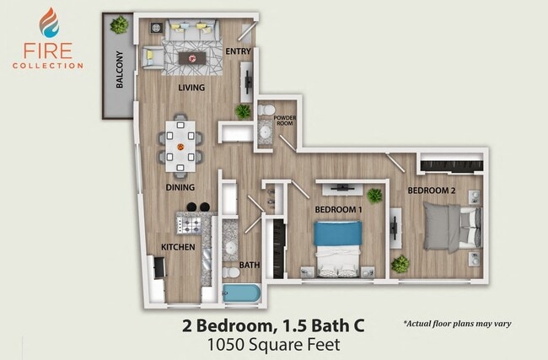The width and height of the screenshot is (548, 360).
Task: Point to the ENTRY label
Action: (239, 52)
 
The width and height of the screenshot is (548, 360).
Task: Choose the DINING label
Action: (180, 187)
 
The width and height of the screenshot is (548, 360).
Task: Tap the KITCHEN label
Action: (178, 247)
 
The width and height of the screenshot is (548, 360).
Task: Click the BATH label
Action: (249, 265)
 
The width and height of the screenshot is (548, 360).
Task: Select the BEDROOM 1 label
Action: (338, 209)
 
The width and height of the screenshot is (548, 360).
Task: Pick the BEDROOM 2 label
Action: (431, 191)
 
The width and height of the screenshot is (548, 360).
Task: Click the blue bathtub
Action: (243, 293)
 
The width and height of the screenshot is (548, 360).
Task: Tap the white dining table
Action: (180, 143)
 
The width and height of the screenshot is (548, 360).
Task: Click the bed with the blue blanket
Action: (338, 244)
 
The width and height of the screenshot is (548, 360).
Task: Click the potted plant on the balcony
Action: (120, 25)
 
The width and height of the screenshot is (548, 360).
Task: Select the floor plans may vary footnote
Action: (458, 323)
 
